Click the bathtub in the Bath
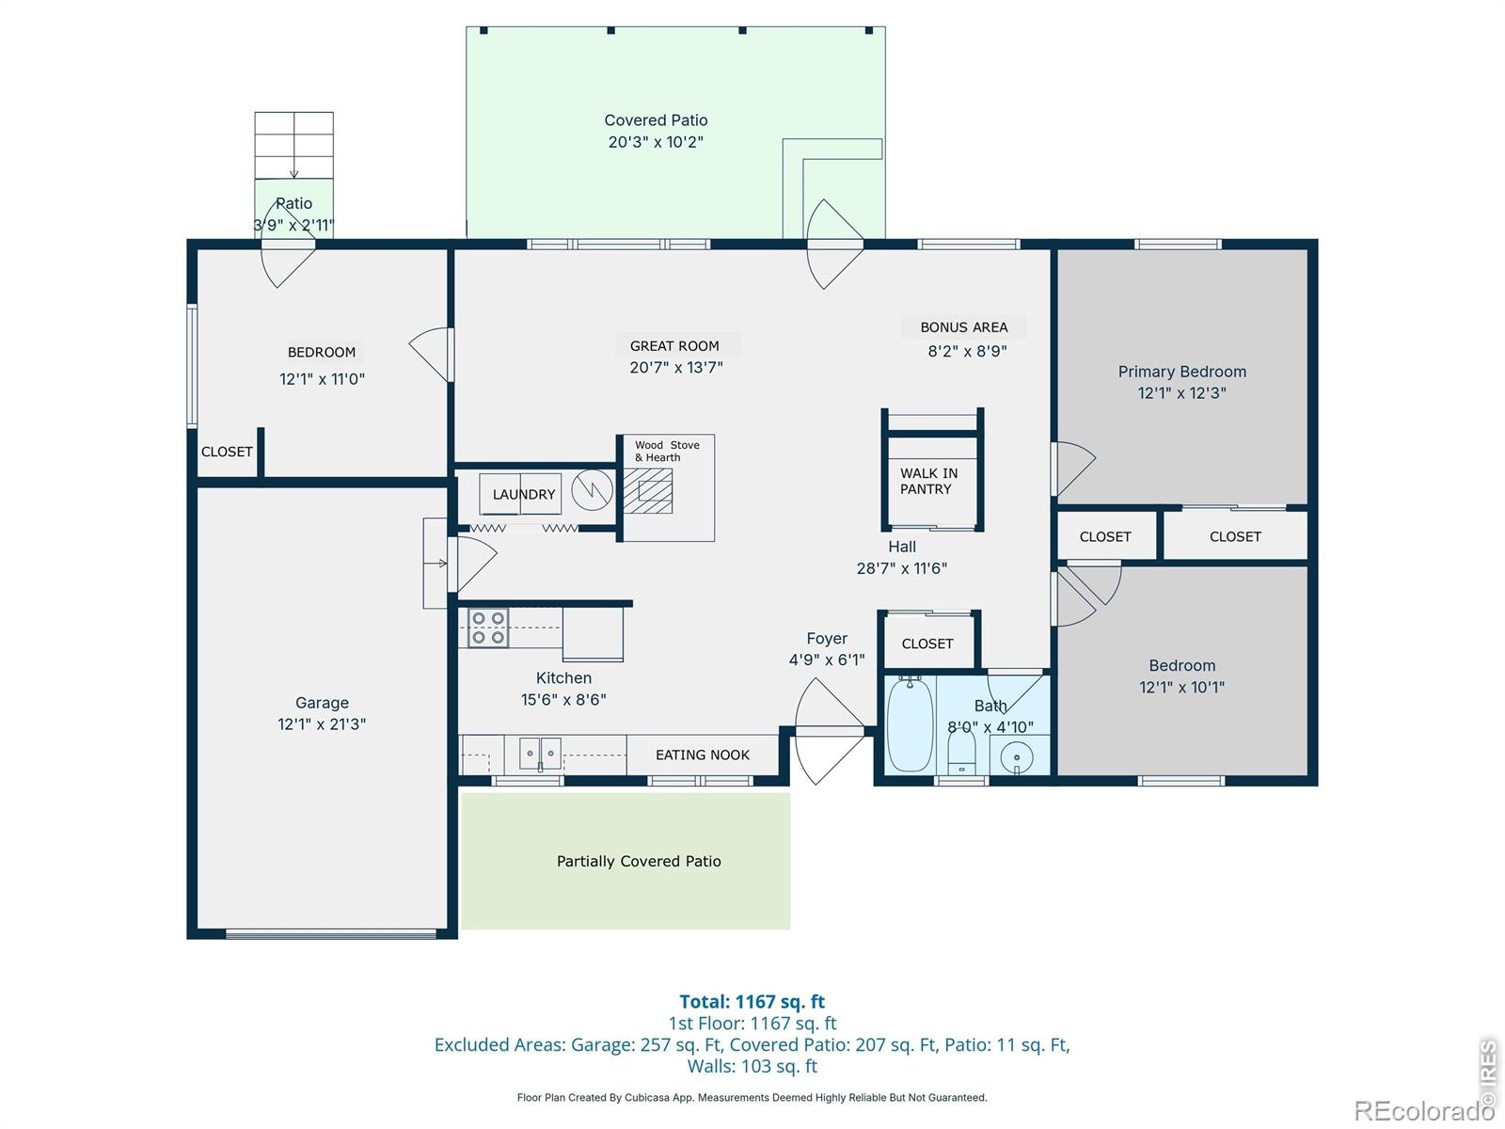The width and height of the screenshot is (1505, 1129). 910,725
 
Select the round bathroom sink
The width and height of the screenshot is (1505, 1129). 1017,756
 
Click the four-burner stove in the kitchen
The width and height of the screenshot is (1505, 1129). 488,628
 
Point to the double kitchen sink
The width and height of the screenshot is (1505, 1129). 540,754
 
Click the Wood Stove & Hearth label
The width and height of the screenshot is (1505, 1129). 667,452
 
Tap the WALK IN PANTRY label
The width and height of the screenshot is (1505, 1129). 928,481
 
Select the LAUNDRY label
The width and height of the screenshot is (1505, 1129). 524,495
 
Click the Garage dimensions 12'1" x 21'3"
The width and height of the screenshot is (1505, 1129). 322,724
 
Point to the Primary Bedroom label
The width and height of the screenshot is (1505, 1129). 1181,372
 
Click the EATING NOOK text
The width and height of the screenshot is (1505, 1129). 703,755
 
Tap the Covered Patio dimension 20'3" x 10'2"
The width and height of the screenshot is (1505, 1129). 656,142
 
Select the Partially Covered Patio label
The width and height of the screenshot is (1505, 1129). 639,861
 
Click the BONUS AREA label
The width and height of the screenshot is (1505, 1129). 963,327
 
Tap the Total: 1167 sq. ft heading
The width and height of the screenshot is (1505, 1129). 752,1002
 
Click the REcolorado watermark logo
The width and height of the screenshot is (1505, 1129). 1423,1111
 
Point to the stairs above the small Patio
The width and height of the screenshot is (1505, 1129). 293,145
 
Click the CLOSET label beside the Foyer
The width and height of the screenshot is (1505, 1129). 927,644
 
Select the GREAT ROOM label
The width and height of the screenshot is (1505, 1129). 674,346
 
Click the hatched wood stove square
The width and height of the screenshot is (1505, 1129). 648,490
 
